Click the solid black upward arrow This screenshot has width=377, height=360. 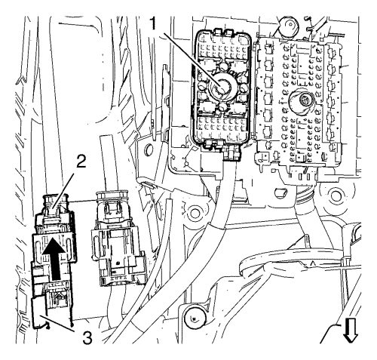[x=54, y=259]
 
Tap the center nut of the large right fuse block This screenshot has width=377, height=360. [x=305, y=99]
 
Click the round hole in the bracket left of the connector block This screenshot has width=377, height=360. [x=148, y=150]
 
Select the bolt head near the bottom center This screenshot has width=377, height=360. [x=195, y=318]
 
